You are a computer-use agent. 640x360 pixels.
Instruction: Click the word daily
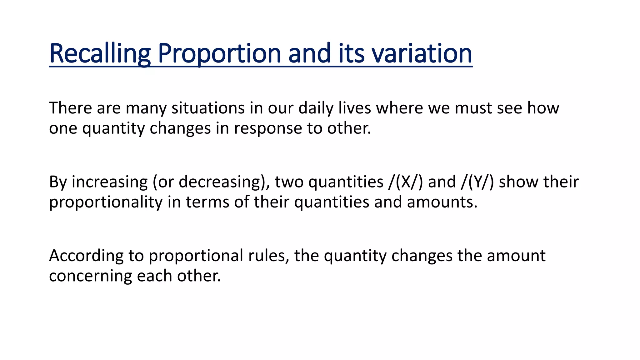point(316,108)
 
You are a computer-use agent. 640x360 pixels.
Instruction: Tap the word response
point(268,128)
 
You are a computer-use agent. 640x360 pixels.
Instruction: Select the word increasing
point(110,182)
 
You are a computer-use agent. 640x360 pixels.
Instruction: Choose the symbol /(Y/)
point(477,182)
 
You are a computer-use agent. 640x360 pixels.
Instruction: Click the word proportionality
point(106,202)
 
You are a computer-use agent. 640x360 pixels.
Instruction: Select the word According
point(86,256)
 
